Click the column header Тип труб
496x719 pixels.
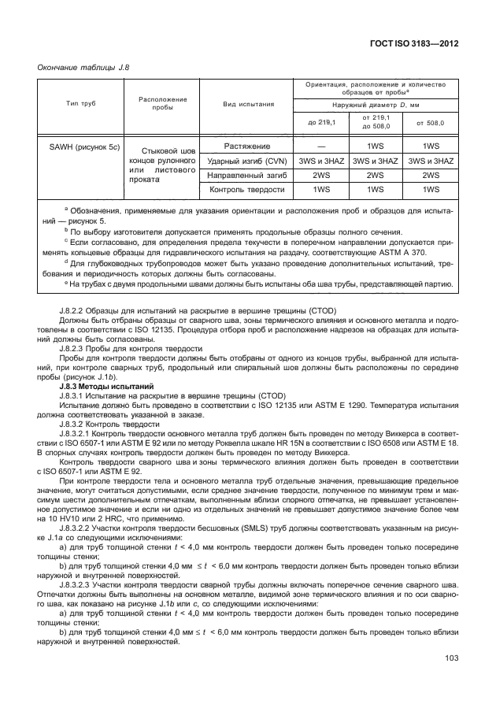click(76, 103)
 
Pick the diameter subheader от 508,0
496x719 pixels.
click(430, 123)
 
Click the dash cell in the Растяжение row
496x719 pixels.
click(320, 146)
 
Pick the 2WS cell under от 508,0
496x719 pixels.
click(430, 175)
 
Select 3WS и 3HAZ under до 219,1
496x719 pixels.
click(320, 161)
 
